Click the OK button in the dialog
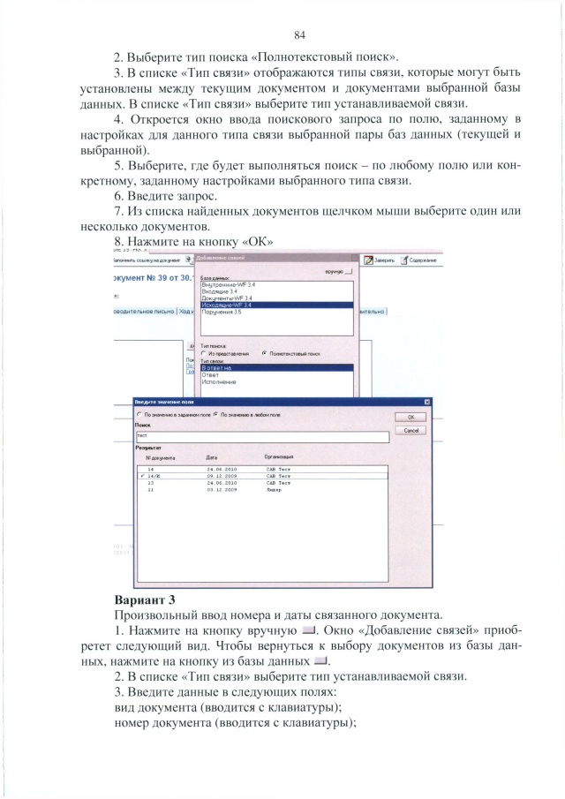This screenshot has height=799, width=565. point(411,418)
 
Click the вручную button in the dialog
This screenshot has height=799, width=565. point(339,272)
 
